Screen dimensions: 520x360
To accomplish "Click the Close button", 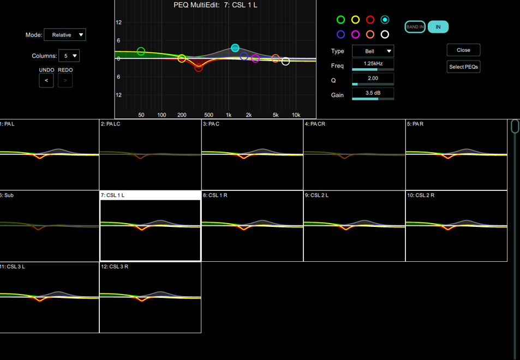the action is [x=463, y=50].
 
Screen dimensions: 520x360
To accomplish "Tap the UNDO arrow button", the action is [x=46, y=80].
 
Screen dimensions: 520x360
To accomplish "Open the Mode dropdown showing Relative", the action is [x=65, y=35].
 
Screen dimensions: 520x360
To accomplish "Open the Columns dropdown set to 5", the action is [x=69, y=56].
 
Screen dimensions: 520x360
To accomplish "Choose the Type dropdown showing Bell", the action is [x=373, y=51].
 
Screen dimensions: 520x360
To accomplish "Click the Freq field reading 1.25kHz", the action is [x=373, y=64].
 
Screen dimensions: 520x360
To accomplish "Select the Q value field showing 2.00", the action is [x=373, y=79].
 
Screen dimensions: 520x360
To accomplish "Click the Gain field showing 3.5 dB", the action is [x=373, y=93].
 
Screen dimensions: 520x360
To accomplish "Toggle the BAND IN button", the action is [x=415, y=27].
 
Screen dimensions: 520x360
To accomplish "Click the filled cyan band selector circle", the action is [x=385, y=20].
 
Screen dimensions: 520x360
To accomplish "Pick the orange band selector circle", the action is [x=370, y=34].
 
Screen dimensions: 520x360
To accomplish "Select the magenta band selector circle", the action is [x=356, y=34].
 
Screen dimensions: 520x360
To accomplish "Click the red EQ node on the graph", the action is [x=199, y=68].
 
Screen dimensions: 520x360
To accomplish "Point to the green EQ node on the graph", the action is [x=141, y=51].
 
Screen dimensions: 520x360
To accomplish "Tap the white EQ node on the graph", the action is [x=285, y=61].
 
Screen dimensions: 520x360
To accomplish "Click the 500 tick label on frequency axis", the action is [x=208, y=115].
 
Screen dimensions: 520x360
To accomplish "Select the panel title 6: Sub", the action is [x=7, y=195].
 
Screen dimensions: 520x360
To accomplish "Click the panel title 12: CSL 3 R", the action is [x=115, y=267].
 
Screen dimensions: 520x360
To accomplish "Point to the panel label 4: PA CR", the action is [x=315, y=124].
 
